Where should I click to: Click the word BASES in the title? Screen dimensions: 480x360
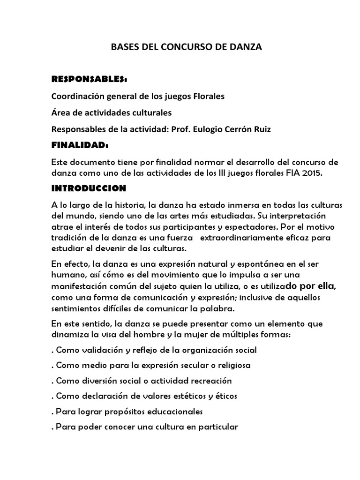point(123,47)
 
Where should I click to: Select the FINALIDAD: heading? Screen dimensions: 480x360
point(80,146)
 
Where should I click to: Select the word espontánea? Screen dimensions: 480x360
point(247,264)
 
